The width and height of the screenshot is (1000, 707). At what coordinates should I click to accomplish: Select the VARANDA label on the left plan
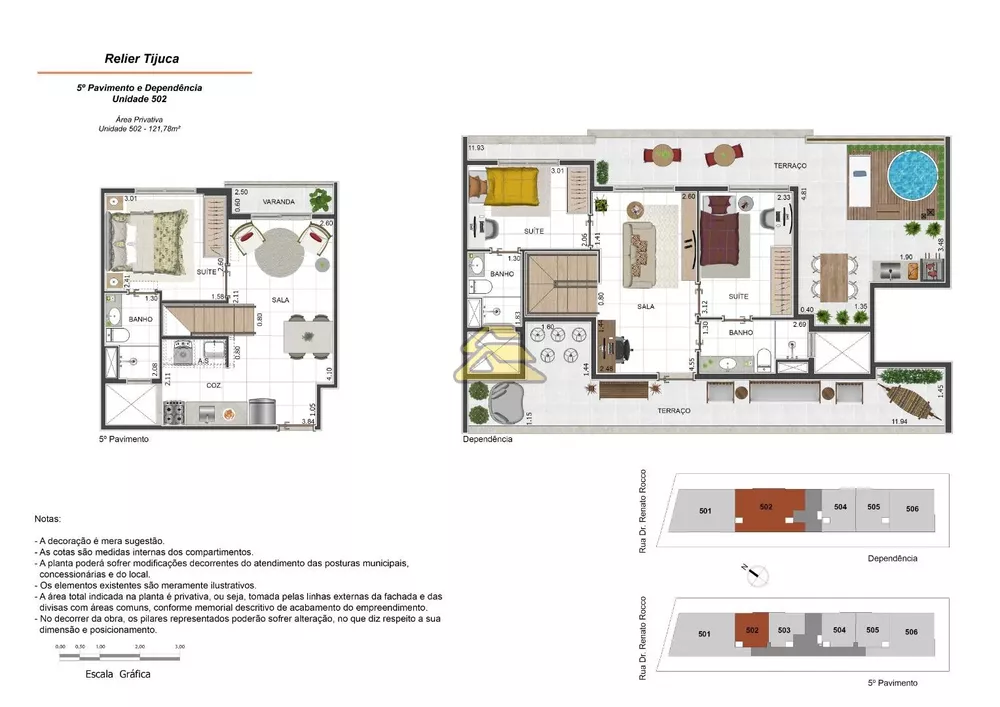278,202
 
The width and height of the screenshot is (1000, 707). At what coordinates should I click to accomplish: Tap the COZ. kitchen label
214,385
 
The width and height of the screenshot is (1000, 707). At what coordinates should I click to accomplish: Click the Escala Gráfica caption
118,674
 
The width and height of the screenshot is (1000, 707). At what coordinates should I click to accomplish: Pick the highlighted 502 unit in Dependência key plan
767,507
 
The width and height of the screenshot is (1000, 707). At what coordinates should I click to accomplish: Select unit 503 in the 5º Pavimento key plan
784,630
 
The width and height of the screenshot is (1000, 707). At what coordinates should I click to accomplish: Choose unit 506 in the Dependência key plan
912,509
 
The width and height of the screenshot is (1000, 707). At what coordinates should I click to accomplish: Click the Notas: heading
47,520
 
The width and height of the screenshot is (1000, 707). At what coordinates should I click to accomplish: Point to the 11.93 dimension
476,149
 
